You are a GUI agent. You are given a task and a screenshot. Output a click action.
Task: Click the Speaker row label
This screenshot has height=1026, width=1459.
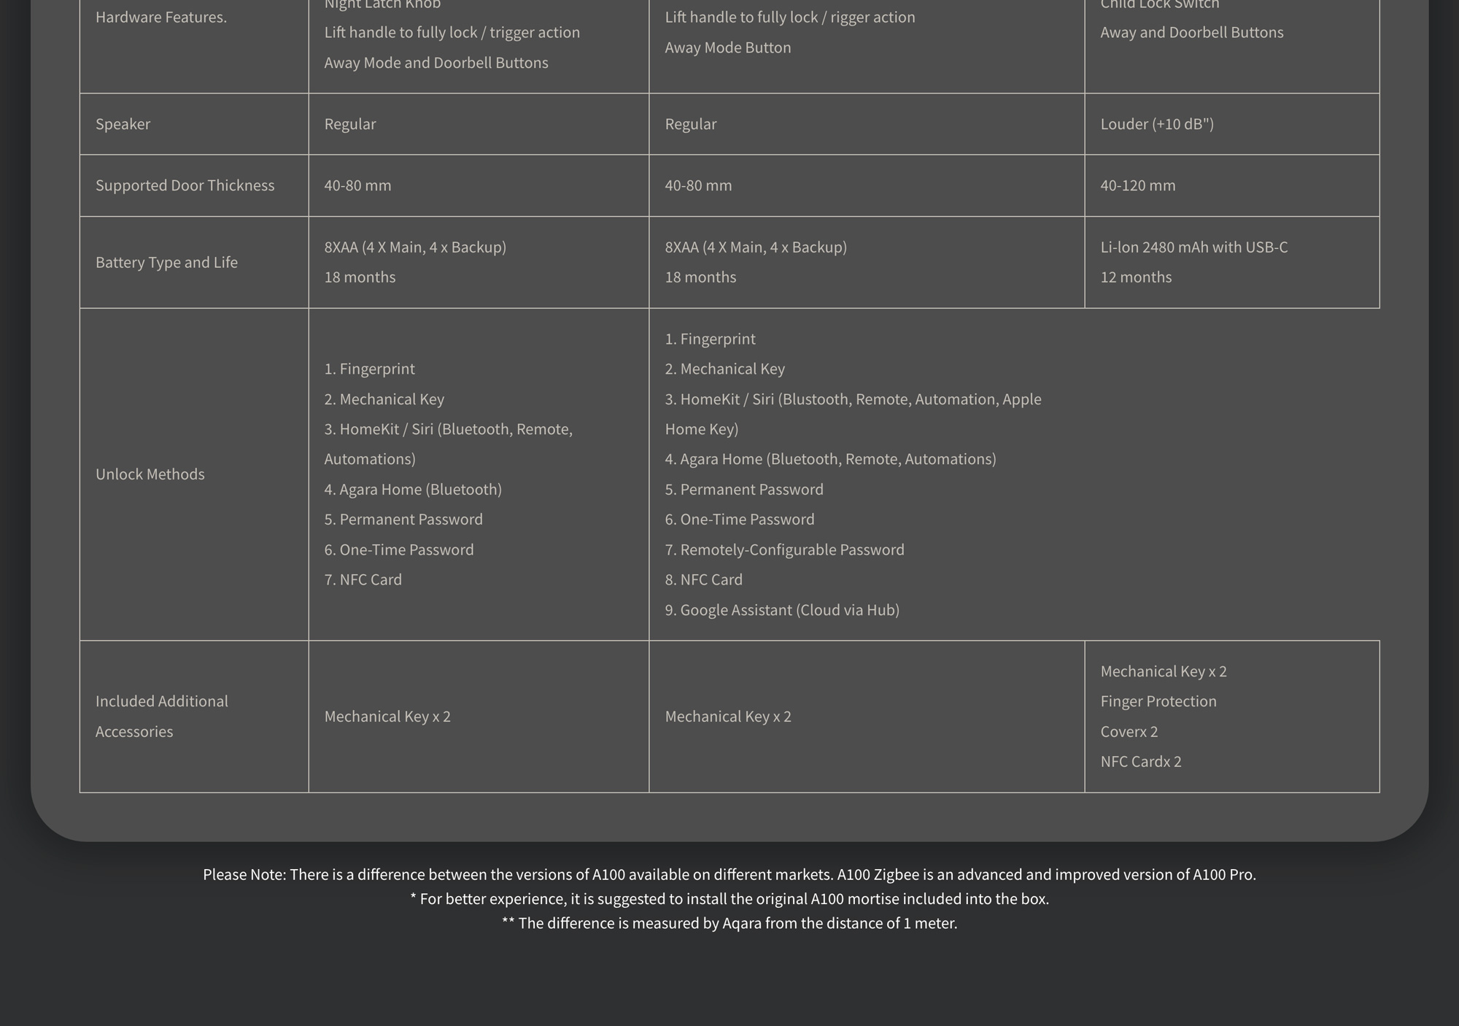tap(123, 124)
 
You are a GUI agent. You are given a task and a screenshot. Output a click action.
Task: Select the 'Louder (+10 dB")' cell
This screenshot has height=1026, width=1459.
tap(1157, 124)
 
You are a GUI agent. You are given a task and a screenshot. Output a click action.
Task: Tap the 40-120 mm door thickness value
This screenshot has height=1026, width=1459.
tap(1137, 185)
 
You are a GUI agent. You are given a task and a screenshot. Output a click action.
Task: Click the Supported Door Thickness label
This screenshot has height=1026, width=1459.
tap(185, 185)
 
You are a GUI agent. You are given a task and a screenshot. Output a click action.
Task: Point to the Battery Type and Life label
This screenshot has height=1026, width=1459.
tap(166, 263)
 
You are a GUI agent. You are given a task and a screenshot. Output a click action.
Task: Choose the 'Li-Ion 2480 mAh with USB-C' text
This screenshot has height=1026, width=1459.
tap(1193, 247)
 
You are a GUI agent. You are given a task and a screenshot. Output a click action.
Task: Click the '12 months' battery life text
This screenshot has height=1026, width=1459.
tap(1136, 277)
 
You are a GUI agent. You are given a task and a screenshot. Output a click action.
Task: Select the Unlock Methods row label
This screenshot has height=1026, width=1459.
tap(150, 474)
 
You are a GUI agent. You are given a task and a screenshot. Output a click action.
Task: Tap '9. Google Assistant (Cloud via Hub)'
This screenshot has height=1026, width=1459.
tap(781, 610)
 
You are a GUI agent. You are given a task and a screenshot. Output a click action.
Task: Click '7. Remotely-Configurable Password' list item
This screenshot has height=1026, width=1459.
tap(784, 549)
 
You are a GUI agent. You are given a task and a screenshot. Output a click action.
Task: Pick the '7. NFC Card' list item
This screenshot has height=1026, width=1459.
tap(363, 579)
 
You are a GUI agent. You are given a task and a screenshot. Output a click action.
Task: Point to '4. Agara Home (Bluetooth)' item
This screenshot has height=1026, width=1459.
tap(413, 490)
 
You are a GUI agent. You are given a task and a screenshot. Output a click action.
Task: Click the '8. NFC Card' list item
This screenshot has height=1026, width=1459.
tap(703, 579)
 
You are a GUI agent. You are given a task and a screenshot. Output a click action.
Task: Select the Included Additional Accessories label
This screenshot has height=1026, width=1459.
tap(161, 716)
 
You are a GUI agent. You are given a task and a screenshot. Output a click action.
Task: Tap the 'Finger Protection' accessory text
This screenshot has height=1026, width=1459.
tap(1158, 701)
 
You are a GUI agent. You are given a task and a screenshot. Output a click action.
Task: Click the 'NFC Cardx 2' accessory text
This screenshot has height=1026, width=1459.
tap(1140, 762)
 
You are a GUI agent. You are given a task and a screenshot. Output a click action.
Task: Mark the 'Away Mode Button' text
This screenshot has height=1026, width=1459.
tap(727, 47)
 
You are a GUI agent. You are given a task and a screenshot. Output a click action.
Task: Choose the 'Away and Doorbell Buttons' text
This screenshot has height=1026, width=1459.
tap(1191, 32)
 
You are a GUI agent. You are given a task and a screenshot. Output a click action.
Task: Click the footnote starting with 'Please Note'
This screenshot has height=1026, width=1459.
tap(729, 874)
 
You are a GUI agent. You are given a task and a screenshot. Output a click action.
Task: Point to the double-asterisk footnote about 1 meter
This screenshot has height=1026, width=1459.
tap(729, 923)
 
